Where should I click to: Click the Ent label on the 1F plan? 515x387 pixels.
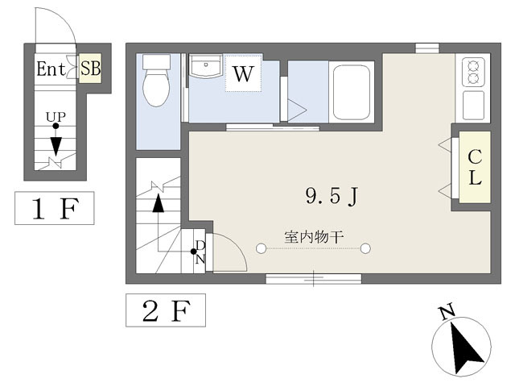click(x=51, y=69)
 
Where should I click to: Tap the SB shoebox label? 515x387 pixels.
click(x=90, y=69)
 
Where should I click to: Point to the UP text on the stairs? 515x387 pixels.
click(x=56, y=116)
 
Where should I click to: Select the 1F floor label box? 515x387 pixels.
click(x=55, y=208)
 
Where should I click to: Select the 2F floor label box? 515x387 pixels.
click(x=166, y=310)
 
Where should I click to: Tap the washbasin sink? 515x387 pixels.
click(x=206, y=66)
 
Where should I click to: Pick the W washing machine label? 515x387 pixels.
click(x=243, y=73)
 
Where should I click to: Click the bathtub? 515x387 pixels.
click(x=352, y=92)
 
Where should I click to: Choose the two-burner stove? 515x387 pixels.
click(x=473, y=72)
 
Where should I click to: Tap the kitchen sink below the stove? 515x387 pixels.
click(x=473, y=105)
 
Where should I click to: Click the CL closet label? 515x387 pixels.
click(x=475, y=167)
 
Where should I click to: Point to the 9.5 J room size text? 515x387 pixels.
click(x=332, y=197)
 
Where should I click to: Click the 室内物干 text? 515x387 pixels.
click(x=314, y=237)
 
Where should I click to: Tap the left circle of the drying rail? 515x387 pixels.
click(x=261, y=248)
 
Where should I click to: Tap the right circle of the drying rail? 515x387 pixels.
click(x=365, y=248)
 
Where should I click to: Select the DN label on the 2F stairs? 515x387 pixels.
click(x=200, y=252)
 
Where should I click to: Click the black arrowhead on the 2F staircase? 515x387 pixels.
click(x=159, y=203)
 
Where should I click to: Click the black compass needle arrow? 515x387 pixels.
click(x=465, y=347)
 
